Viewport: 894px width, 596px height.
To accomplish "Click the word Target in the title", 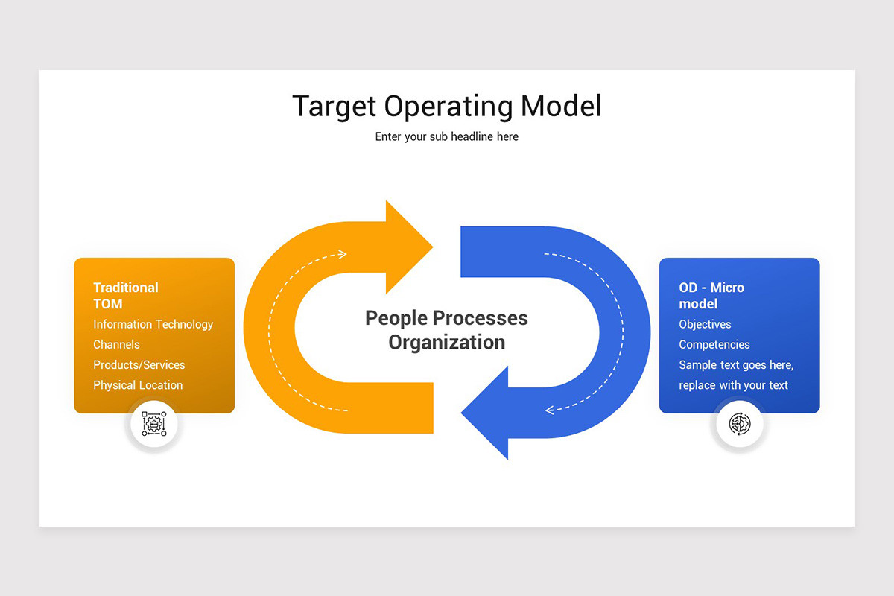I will coord(334,107).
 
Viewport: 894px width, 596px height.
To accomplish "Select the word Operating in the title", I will coord(448,107).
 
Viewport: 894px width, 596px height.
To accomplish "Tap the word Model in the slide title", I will coord(561,107).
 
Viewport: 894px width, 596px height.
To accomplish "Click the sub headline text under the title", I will coord(447,137).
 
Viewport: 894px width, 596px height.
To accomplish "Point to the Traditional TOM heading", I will coord(126,296).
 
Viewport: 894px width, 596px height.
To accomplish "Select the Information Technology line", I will coord(153,324).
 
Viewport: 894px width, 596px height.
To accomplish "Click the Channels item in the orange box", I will coord(116,344).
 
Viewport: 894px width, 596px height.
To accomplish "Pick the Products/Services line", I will coord(139,365).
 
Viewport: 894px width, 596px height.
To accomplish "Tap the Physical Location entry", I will coord(138,385).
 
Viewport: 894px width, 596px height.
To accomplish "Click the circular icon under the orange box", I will coord(153,424).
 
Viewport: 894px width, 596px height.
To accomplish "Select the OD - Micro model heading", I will coord(711,296).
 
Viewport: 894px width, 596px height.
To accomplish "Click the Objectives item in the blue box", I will coord(705,324).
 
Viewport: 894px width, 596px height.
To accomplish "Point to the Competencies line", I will coord(714,344).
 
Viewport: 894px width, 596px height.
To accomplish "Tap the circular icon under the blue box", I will coord(739,424).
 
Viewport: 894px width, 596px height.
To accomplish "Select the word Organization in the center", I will coord(447,343).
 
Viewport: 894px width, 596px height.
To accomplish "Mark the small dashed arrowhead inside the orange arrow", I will coord(342,254).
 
